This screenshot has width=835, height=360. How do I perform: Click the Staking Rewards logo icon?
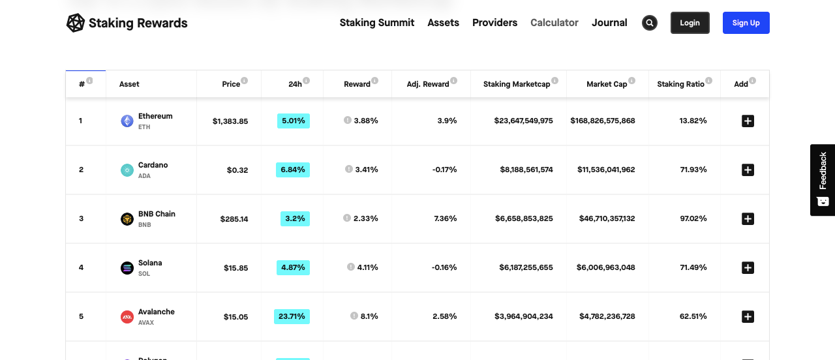tap(76, 23)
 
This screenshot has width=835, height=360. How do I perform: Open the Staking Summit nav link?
tap(376, 23)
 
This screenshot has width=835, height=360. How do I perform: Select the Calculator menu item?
tap(554, 23)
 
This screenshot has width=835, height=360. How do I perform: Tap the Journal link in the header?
tap(609, 23)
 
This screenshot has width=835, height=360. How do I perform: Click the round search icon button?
tap(649, 23)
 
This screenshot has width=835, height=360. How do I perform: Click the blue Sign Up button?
tap(746, 23)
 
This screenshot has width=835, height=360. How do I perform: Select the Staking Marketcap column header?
tap(517, 84)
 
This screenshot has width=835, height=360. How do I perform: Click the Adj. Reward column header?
tap(427, 84)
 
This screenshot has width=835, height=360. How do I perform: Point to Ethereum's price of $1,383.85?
tap(230, 121)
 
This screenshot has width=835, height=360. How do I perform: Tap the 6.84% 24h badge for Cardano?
tap(293, 170)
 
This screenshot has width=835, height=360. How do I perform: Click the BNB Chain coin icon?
tap(127, 219)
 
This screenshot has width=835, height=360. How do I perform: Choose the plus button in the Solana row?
tap(748, 267)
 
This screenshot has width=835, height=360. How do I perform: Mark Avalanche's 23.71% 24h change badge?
tap(292, 316)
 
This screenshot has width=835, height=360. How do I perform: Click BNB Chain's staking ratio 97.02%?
tap(693, 218)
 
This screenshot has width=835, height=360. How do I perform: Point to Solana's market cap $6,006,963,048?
tap(606, 267)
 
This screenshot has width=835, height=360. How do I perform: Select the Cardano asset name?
tap(153, 165)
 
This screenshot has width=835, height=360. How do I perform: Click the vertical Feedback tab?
tap(822, 179)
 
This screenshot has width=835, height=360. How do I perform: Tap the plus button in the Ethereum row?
tap(748, 121)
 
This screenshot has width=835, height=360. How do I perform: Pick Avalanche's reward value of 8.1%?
tap(369, 316)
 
